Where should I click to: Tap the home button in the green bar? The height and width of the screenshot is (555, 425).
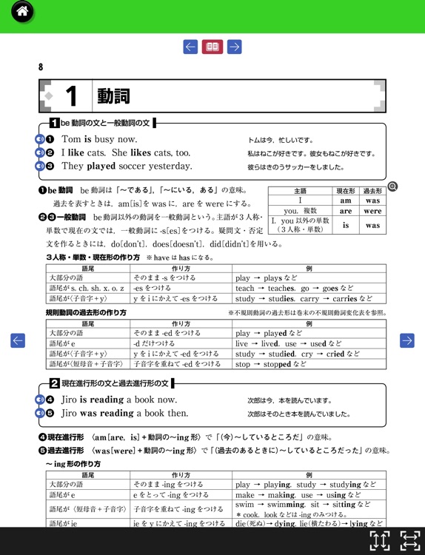click(x=22, y=12)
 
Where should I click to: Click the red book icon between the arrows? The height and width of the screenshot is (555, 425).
click(x=212, y=47)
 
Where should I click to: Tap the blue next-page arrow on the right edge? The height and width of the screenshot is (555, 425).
click(x=406, y=340)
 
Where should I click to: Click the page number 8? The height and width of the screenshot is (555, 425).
click(x=41, y=67)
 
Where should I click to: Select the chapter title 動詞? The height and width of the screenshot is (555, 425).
click(x=113, y=96)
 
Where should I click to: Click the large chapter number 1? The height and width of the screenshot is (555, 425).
click(x=71, y=96)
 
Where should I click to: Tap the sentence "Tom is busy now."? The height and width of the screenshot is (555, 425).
click(x=98, y=139)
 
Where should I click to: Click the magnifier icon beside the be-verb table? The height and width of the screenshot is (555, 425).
click(x=392, y=186)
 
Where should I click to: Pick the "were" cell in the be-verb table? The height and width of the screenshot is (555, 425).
click(x=372, y=211)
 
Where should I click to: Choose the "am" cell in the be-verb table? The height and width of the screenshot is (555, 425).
click(x=345, y=201)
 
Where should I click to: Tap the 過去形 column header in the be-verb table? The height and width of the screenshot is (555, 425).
click(x=372, y=191)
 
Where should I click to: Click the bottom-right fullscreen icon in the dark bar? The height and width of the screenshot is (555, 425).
click(x=409, y=540)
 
